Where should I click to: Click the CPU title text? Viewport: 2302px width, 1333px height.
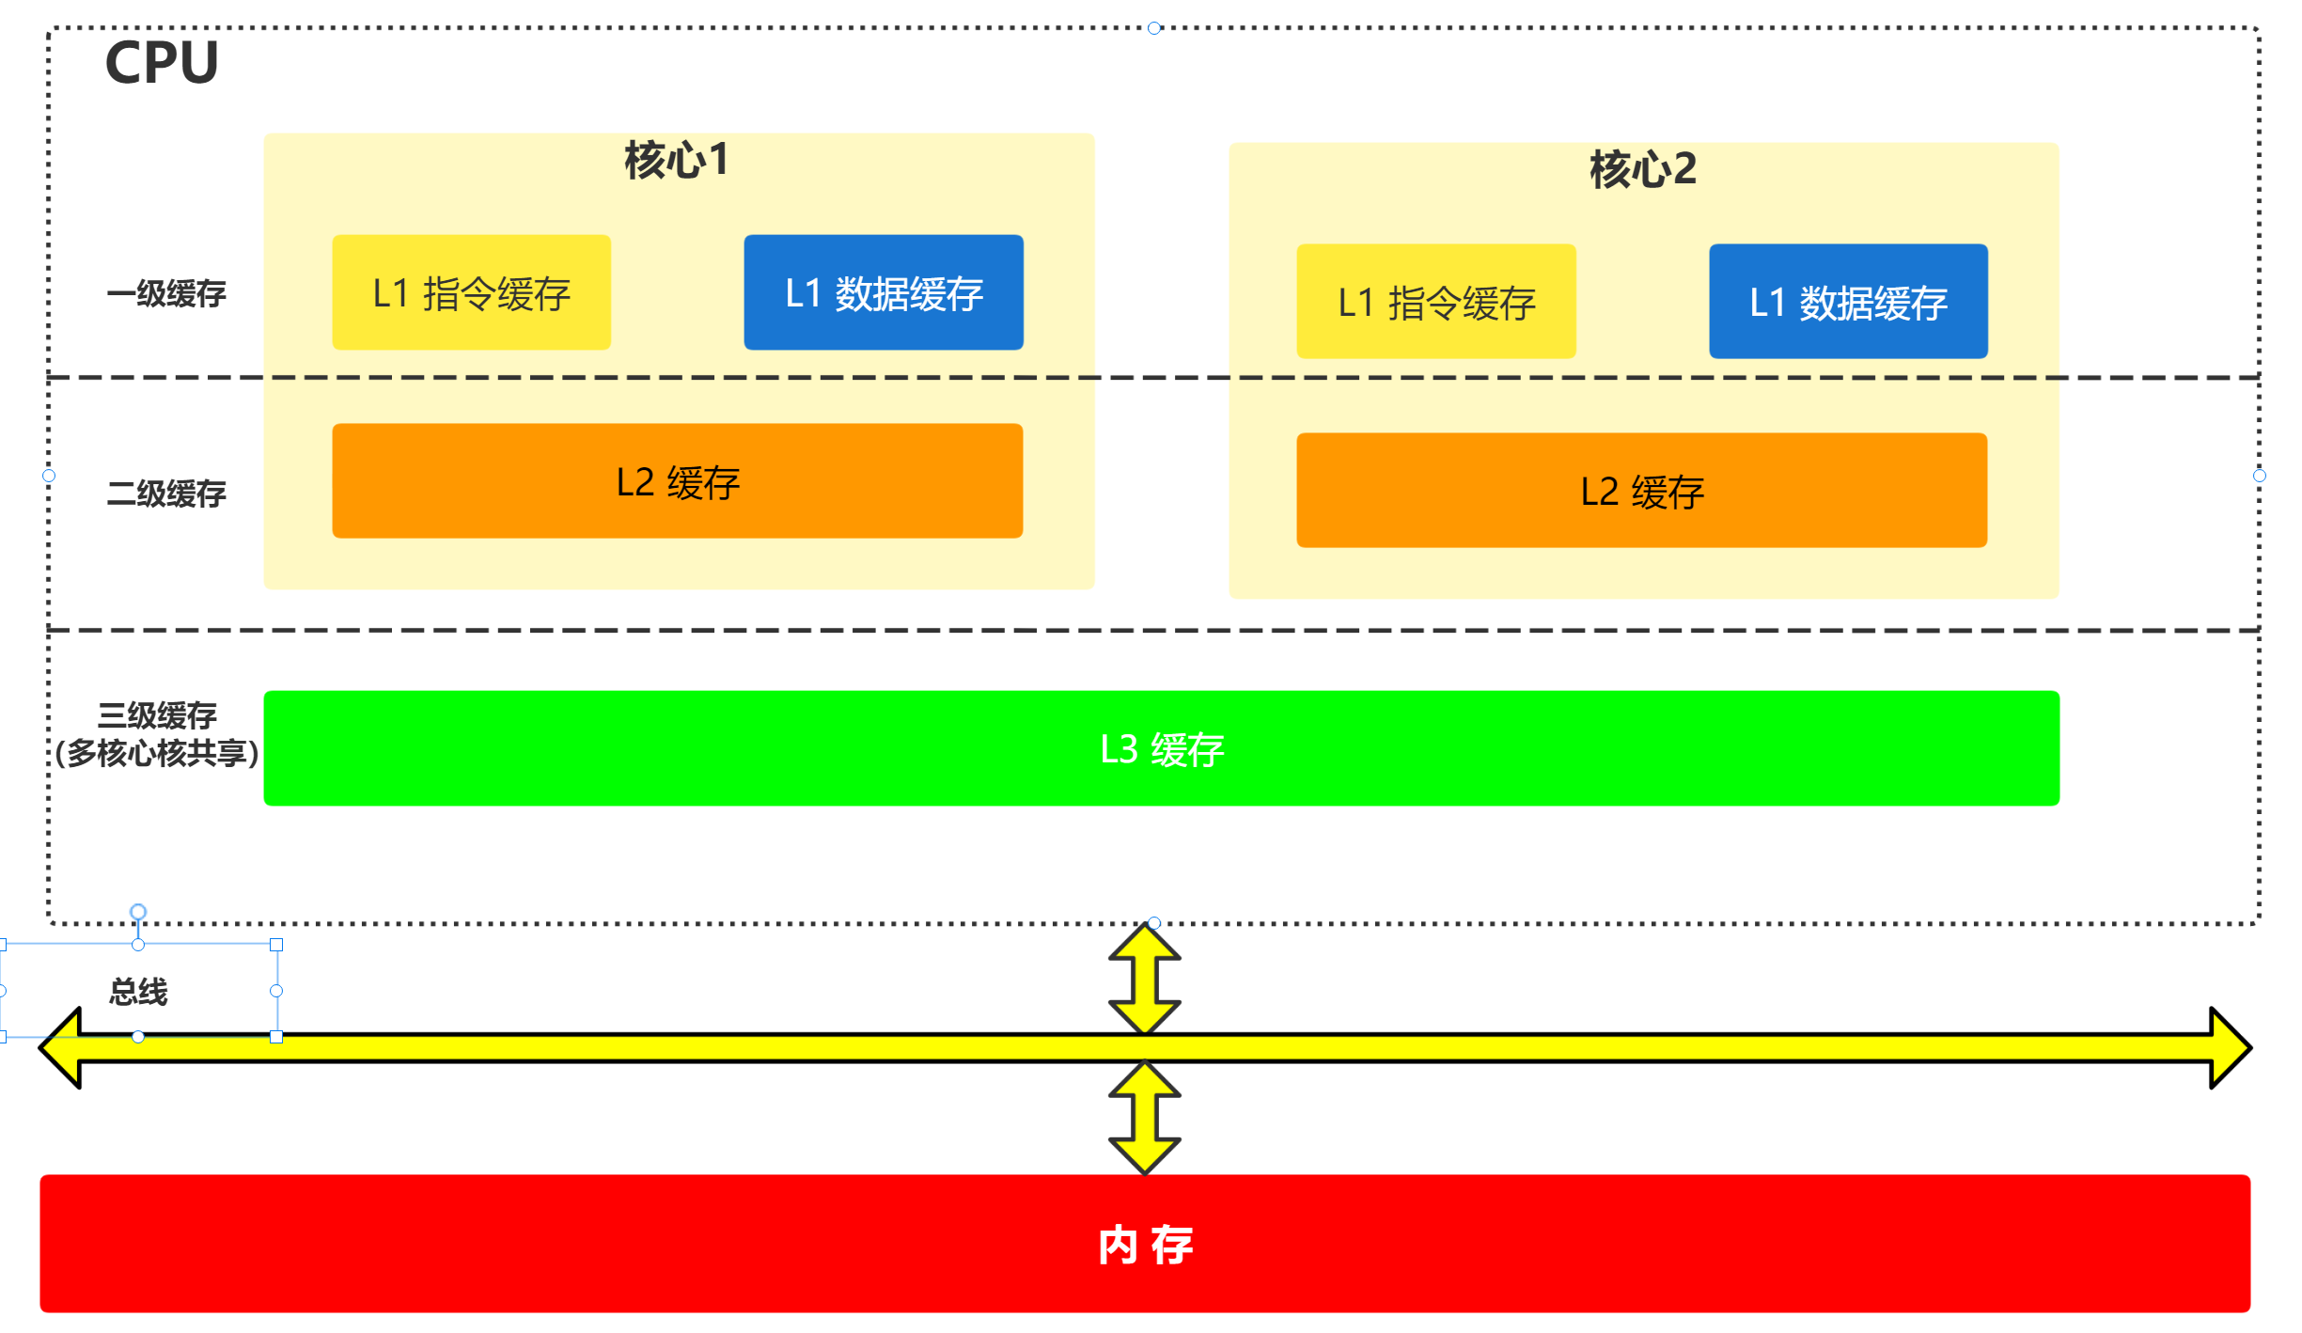[162, 63]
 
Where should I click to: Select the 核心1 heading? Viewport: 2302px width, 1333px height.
[677, 160]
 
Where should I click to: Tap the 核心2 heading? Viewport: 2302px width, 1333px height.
[1643, 169]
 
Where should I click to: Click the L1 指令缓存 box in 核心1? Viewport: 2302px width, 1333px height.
[471, 293]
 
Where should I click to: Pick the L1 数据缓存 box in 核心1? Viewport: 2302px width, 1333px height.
[884, 293]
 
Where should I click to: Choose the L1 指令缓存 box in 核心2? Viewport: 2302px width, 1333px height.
[1435, 302]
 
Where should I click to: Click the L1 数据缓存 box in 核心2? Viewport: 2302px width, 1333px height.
[1848, 302]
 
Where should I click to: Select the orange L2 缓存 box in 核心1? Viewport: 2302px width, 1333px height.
[677, 481]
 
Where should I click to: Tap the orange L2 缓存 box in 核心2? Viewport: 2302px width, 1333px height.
[1641, 491]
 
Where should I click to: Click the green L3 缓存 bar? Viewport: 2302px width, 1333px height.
[1161, 748]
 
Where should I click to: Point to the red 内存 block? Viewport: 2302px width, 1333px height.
[1145, 1244]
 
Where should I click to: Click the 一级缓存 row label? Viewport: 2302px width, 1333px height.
[166, 294]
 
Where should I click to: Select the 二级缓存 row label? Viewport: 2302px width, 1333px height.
[166, 494]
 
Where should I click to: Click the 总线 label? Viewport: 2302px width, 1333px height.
[138, 992]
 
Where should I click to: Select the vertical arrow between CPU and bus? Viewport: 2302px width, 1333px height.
[1144, 979]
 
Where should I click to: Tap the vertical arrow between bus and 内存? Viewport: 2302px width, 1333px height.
[1144, 1118]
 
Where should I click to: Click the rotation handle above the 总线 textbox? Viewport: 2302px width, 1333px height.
[138, 911]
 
